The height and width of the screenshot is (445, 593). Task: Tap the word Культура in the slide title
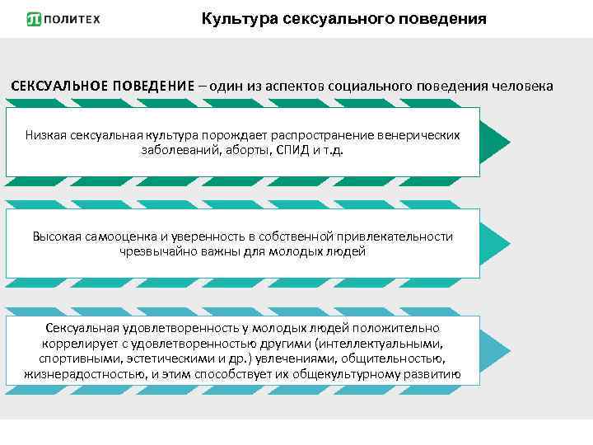pos(235,18)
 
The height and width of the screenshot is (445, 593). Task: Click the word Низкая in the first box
pos(45,134)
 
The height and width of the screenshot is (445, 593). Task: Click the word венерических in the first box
pos(418,134)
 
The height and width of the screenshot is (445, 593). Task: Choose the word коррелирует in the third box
pos(75,344)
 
